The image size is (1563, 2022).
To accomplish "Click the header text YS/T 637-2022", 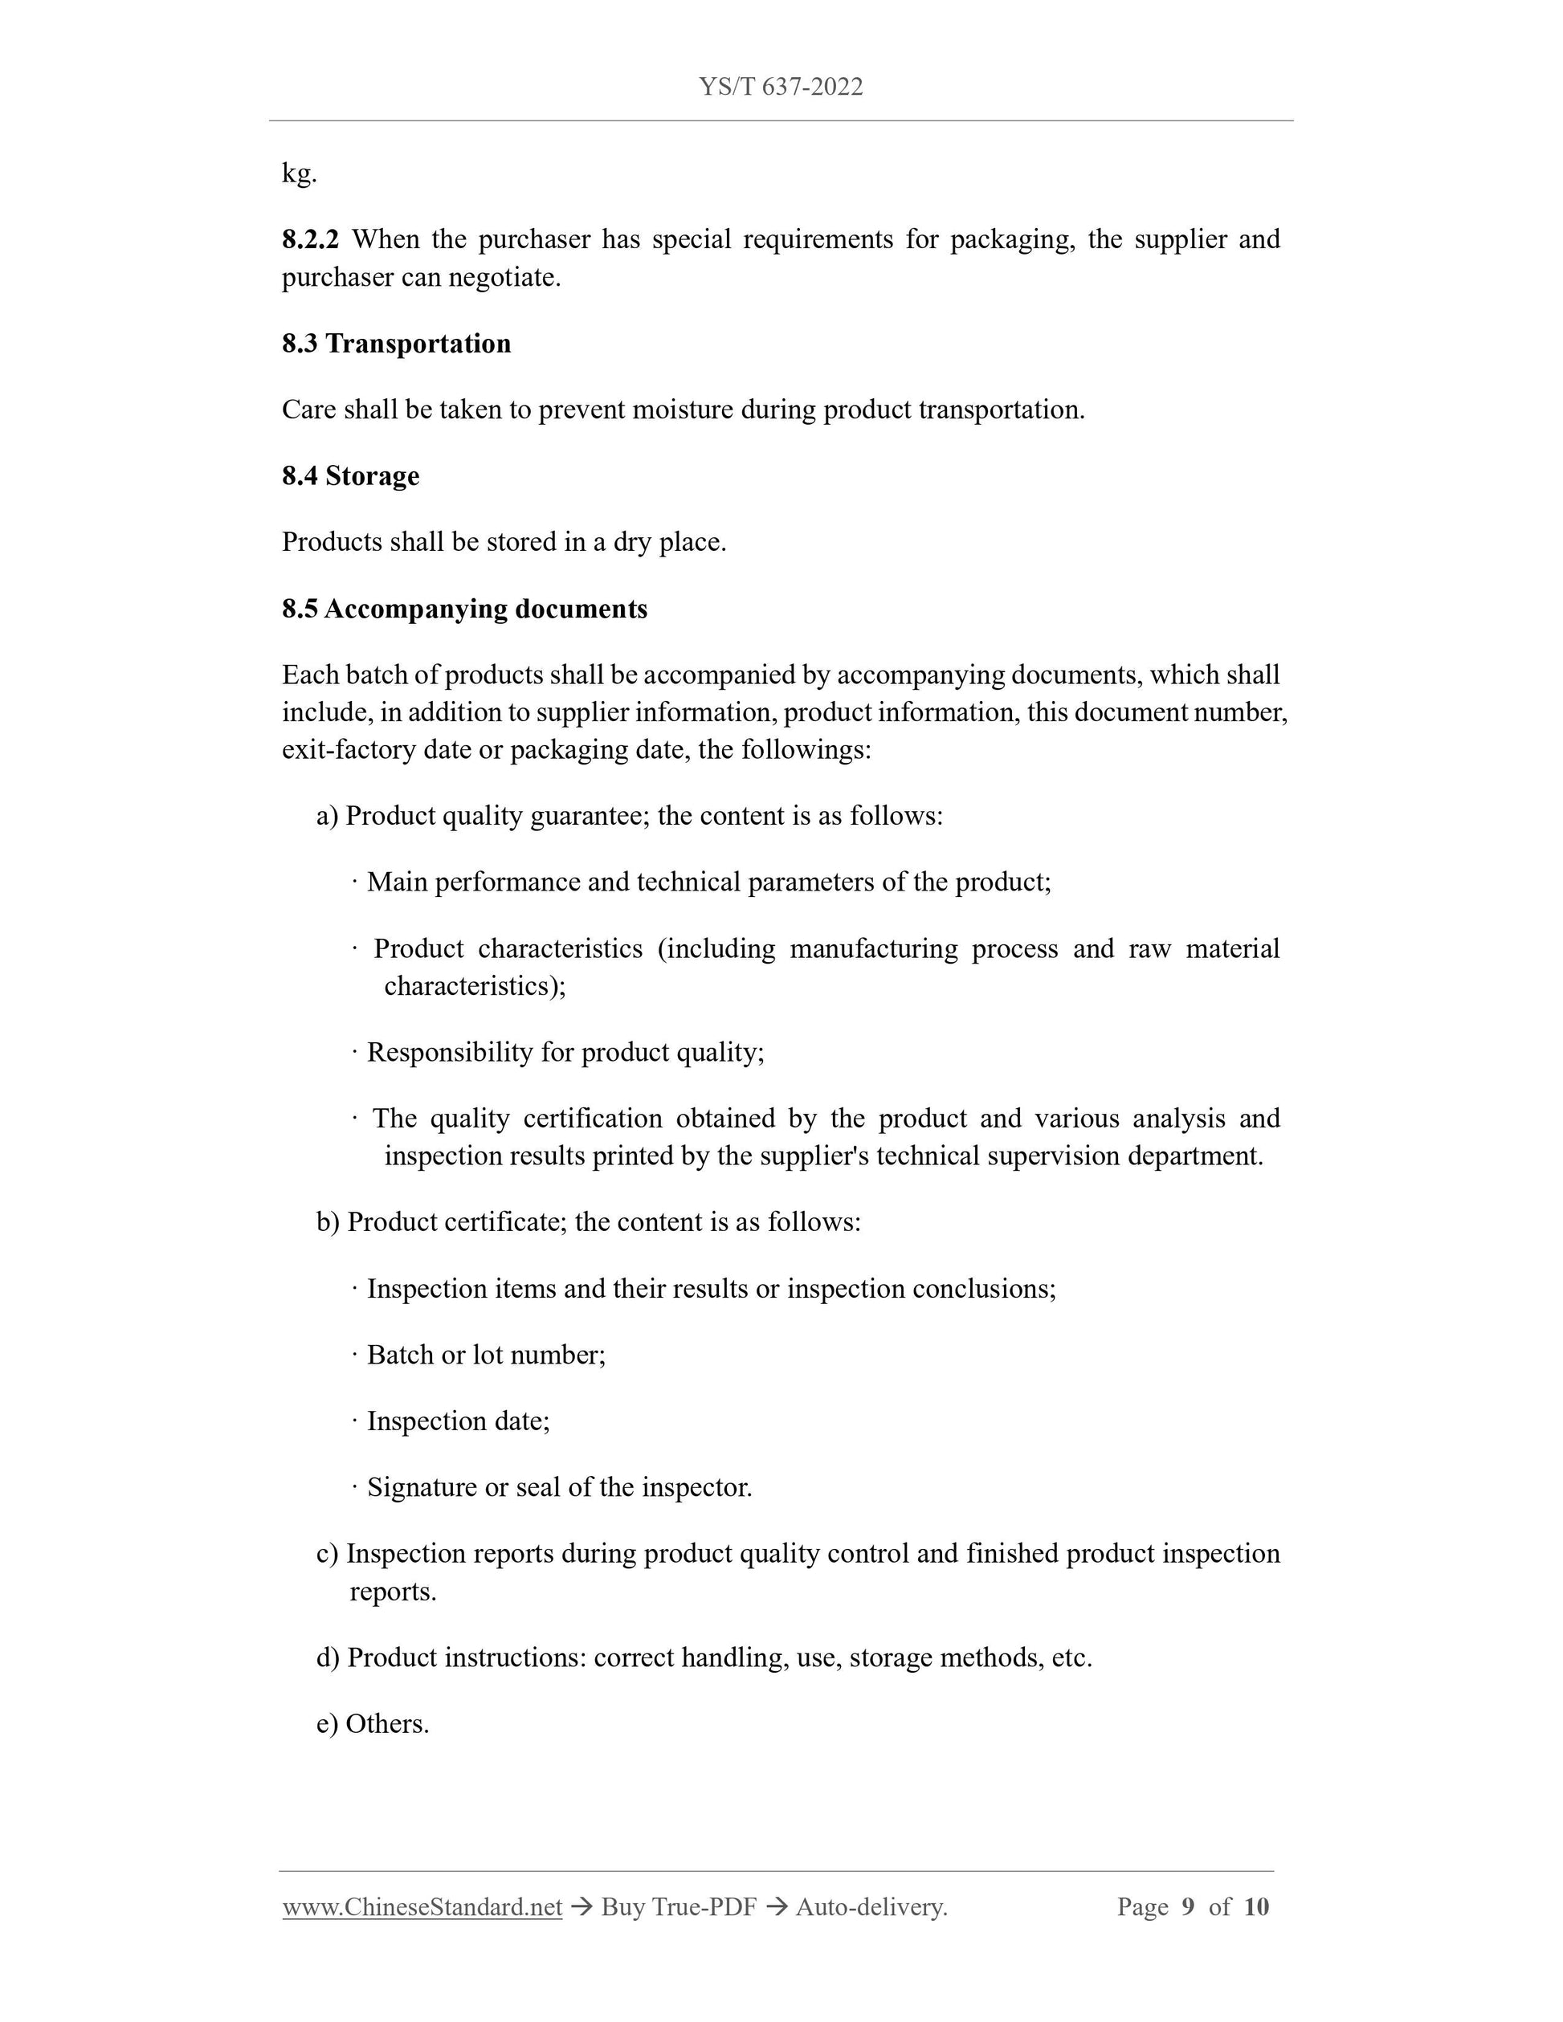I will [781, 87].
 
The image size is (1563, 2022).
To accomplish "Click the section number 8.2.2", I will [310, 238].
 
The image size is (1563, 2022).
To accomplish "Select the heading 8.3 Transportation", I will [396, 344].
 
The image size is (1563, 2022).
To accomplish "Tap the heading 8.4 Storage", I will [350, 476].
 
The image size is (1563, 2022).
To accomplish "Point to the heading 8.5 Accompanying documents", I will [464, 609].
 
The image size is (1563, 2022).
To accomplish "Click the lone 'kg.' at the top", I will [299, 173].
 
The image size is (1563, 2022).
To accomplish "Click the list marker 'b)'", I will [328, 1222].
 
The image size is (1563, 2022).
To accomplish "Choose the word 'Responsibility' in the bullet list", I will [450, 1053].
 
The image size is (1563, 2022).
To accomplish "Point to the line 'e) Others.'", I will [372, 1724].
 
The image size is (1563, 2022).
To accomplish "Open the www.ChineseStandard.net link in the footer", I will [422, 1907].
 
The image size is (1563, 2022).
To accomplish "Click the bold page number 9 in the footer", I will [1188, 1907].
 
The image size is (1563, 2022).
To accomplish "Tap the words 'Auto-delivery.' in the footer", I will [871, 1907].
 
